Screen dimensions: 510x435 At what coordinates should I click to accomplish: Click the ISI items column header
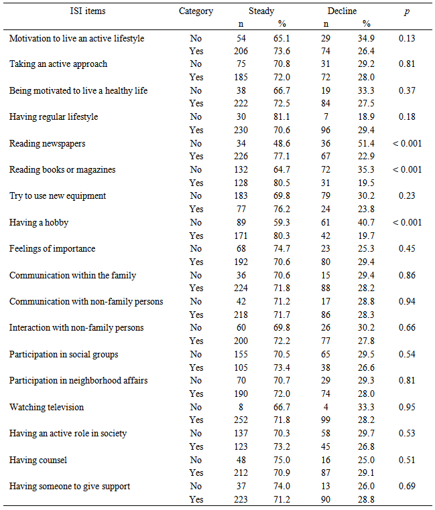[x=88, y=11]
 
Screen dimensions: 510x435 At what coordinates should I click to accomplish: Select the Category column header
[x=196, y=11]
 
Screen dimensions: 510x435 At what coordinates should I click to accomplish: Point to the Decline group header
[x=342, y=11]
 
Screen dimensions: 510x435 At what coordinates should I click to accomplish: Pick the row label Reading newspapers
[x=48, y=143]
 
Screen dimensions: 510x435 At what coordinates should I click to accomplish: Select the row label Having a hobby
[x=39, y=222]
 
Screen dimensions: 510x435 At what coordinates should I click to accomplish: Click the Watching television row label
[x=46, y=407]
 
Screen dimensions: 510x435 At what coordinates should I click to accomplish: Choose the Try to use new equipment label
[x=58, y=196]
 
